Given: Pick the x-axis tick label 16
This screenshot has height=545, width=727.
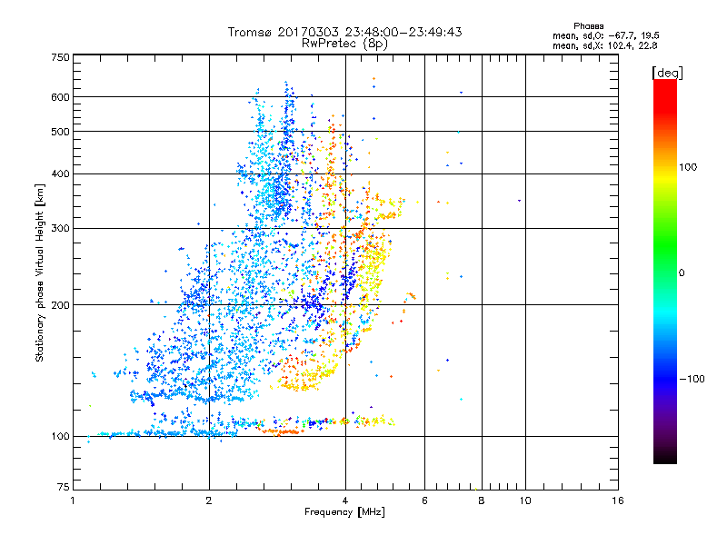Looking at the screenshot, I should tap(617, 500).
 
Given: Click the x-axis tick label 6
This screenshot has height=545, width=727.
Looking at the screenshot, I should tap(424, 500).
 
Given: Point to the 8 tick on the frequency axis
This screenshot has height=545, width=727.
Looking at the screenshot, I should tap(482, 500).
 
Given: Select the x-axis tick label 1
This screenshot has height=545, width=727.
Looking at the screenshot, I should tap(73, 500).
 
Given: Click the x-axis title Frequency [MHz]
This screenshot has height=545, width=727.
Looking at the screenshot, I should tap(344, 513).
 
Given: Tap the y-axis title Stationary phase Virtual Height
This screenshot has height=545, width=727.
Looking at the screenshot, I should tap(40, 272).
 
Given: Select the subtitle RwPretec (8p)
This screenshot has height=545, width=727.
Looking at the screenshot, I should tap(344, 43).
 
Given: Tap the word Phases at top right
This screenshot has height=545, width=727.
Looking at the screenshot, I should tap(589, 25).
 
